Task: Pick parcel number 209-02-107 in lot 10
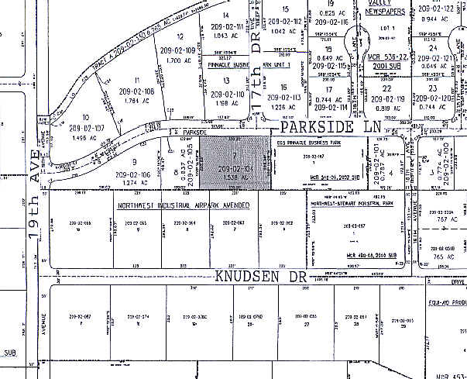pos(86,127)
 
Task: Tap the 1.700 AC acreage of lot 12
pos(179,59)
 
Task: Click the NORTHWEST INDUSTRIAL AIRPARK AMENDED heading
pos(183,206)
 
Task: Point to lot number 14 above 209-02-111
pos(226,15)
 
